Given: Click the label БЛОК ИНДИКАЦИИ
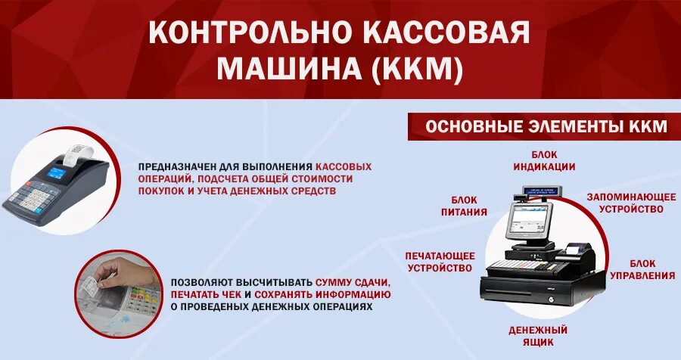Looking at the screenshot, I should point(544,161).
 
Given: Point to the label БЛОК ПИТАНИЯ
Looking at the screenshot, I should point(464,206).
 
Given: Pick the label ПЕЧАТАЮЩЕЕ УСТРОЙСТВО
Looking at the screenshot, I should point(440,262).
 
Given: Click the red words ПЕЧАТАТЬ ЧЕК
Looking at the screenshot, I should point(206,293).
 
